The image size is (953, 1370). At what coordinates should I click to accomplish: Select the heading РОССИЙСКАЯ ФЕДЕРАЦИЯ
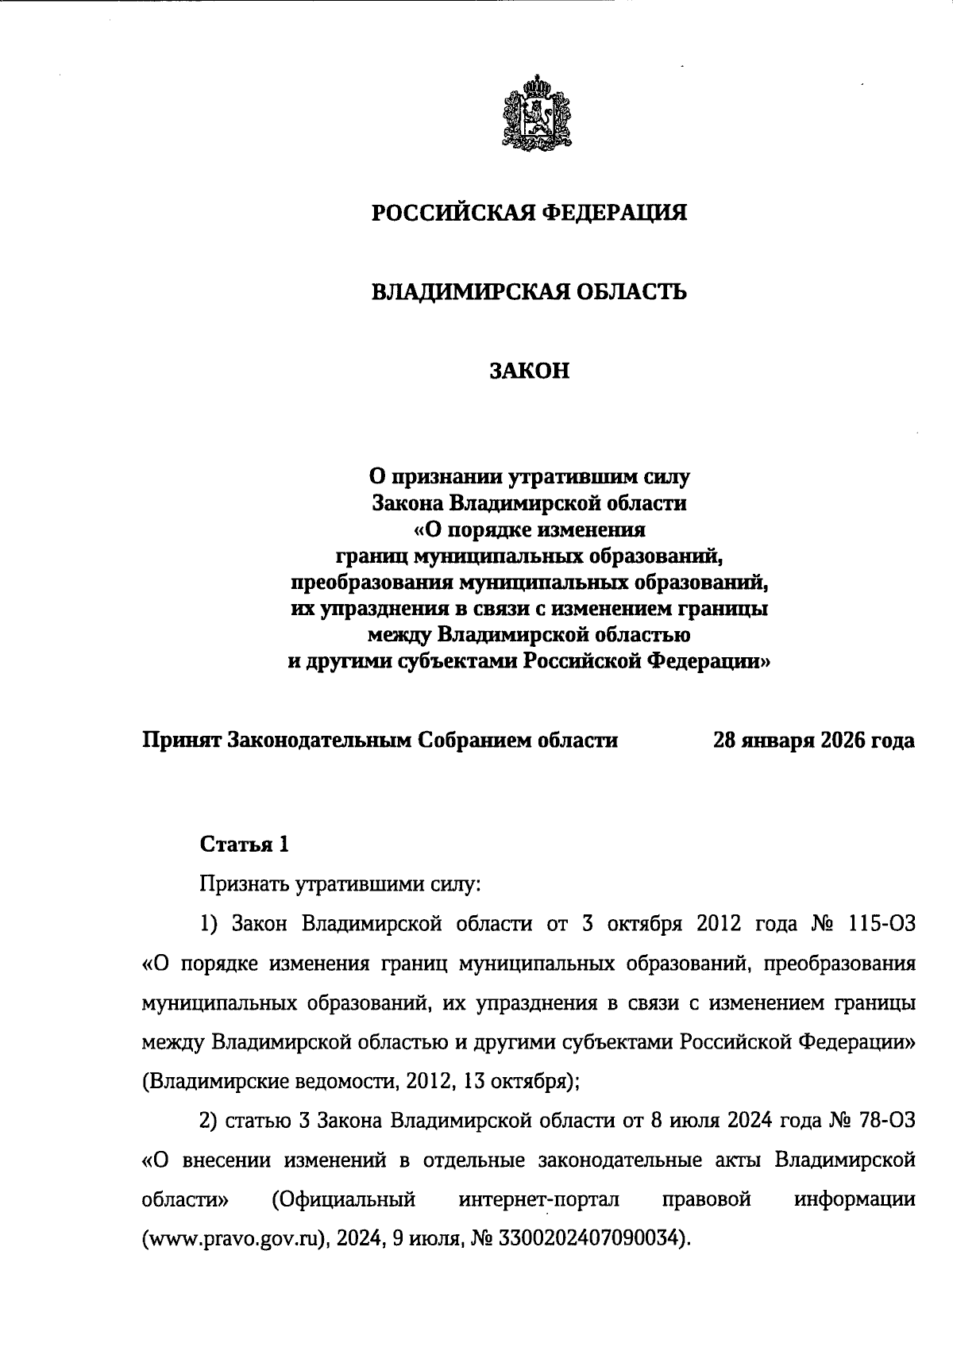click(529, 214)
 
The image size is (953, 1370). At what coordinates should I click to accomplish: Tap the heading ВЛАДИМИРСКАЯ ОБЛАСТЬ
click(529, 292)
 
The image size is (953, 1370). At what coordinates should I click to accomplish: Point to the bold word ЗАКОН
click(529, 371)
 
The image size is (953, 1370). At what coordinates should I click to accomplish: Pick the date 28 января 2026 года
click(814, 741)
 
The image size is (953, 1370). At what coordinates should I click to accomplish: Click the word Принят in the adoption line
click(181, 741)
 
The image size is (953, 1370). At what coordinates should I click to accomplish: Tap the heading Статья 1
click(244, 844)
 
